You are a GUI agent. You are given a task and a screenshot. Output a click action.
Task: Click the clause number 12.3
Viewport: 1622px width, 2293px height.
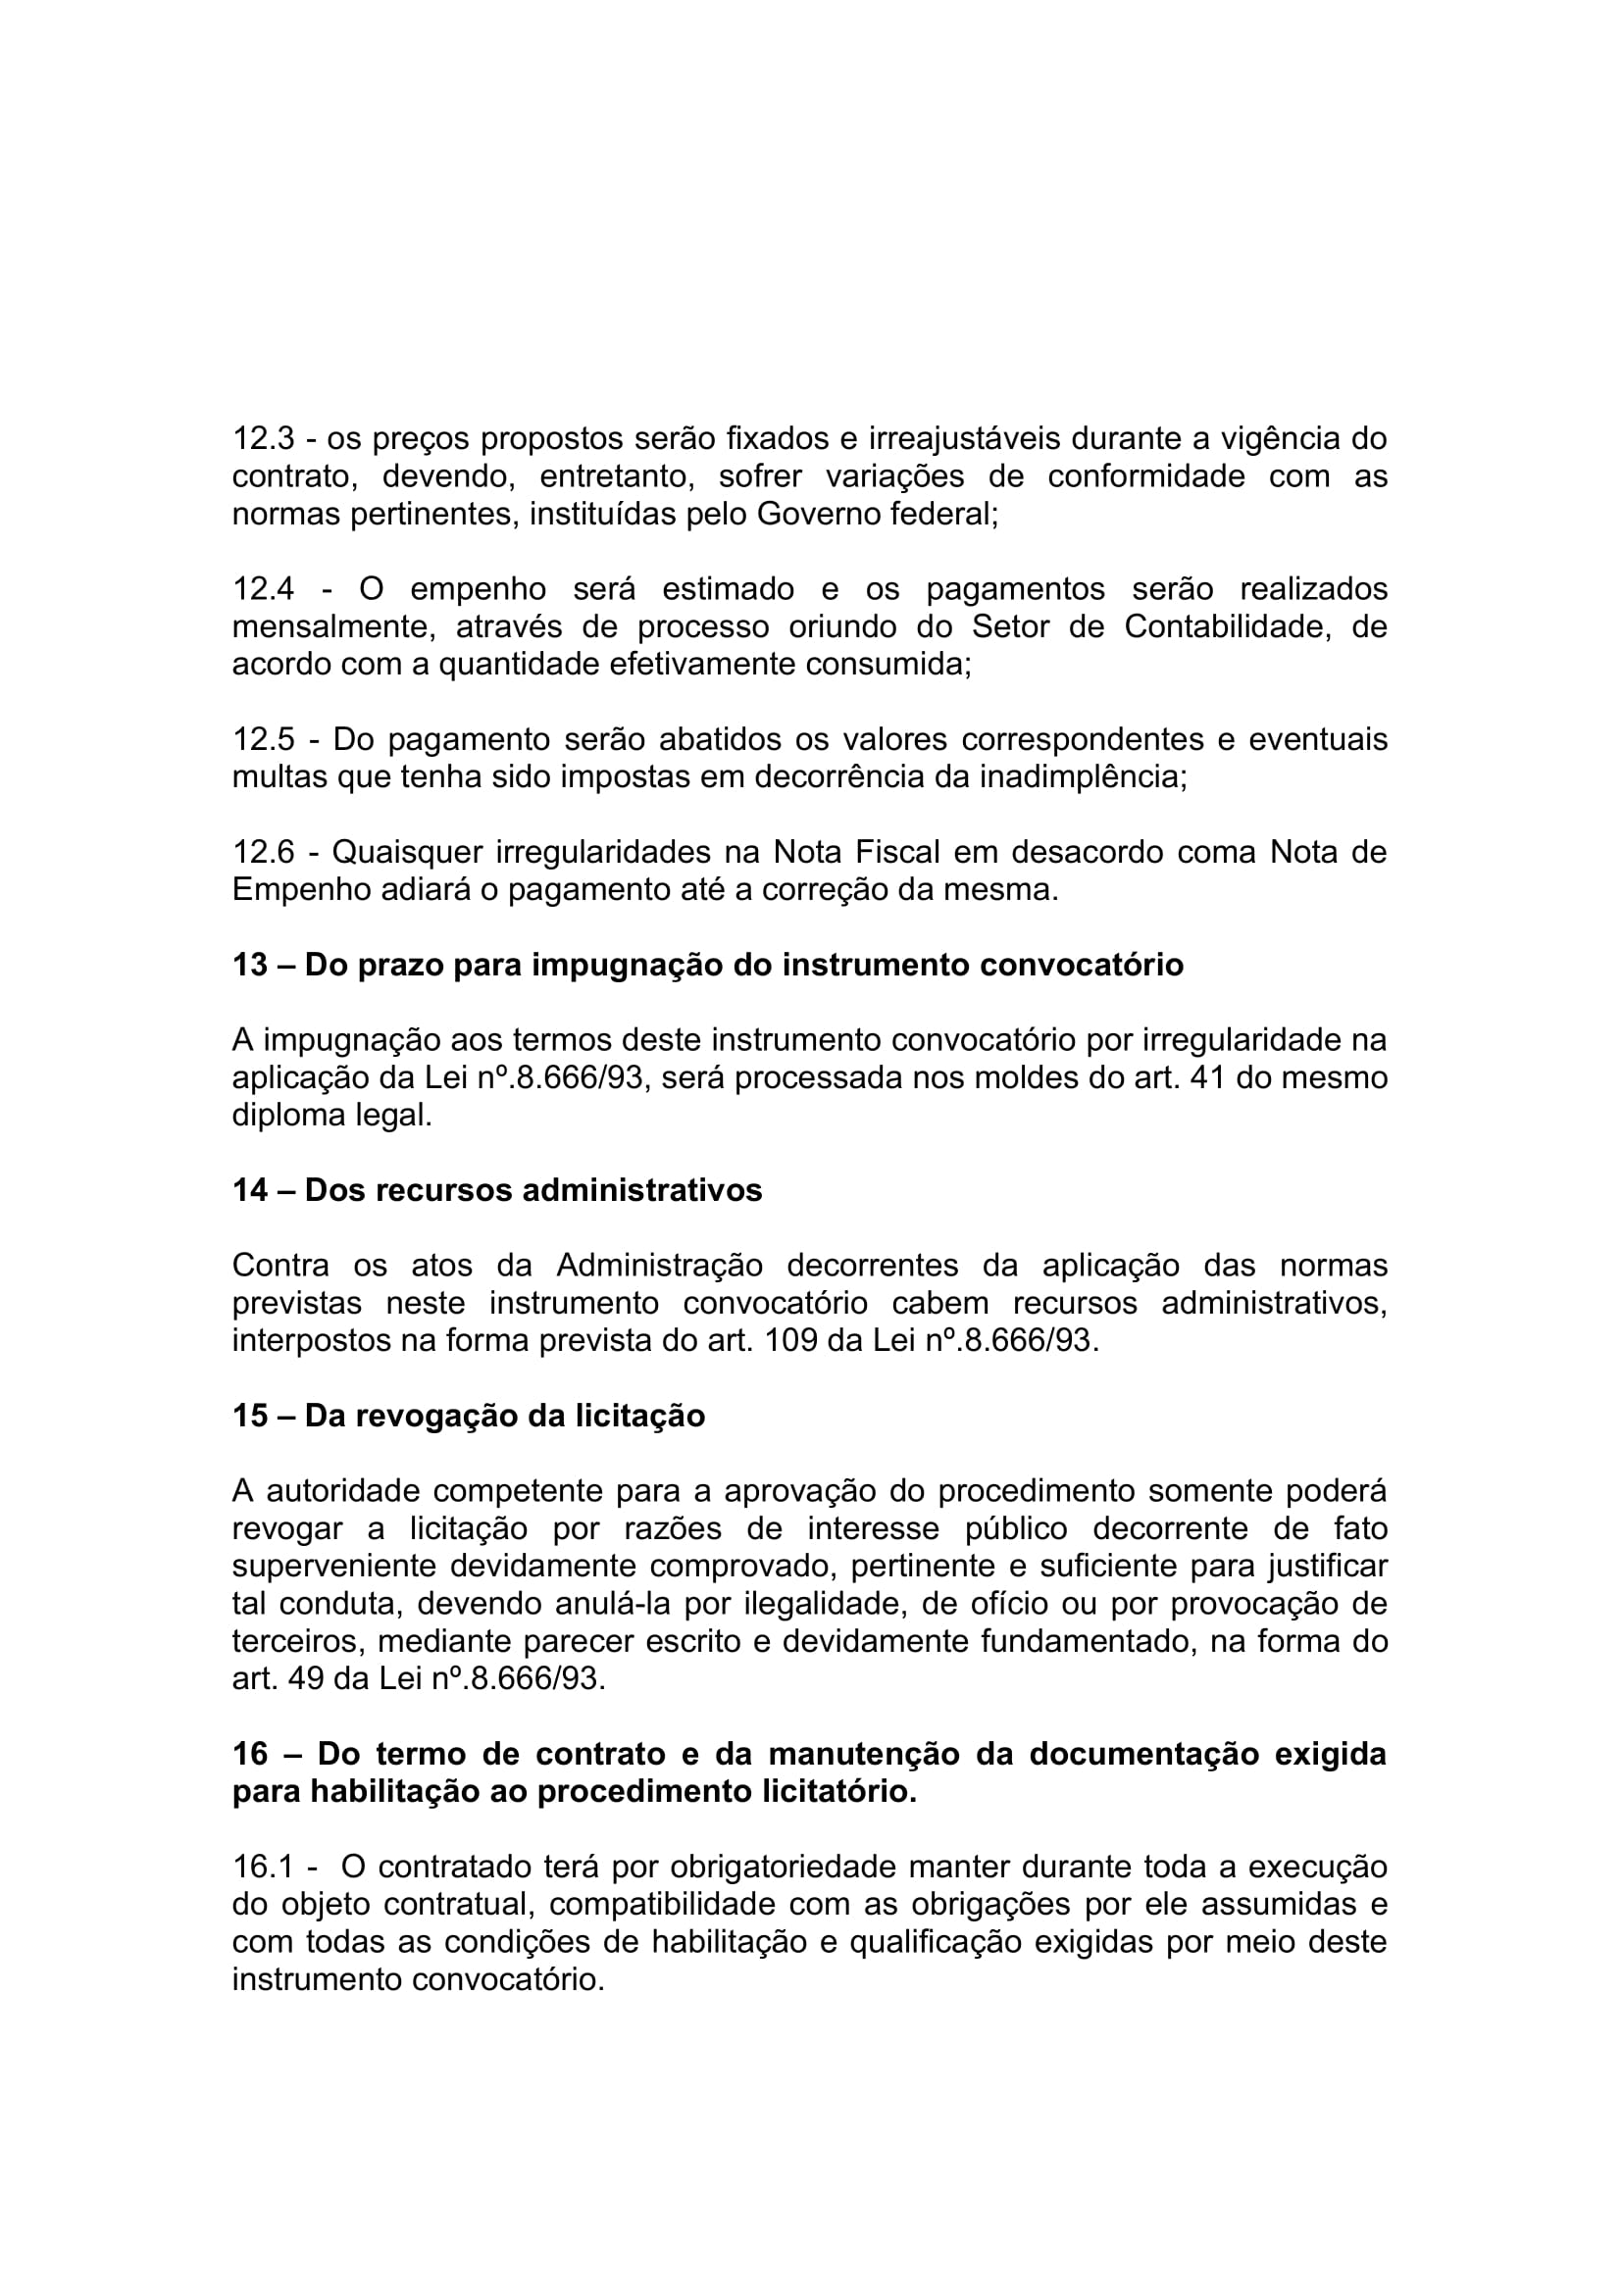click(x=263, y=438)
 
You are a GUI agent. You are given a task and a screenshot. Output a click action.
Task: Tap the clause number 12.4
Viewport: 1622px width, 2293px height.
click(x=263, y=589)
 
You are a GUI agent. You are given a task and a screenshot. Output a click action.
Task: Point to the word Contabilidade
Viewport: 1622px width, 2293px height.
click(x=1227, y=627)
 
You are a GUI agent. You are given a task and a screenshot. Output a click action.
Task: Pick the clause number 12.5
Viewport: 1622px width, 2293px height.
click(x=263, y=740)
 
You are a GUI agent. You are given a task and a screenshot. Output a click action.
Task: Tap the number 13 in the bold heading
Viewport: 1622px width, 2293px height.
click(x=250, y=965)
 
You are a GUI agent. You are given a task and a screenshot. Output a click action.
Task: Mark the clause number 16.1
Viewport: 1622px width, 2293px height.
click(x=263, y=1868)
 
